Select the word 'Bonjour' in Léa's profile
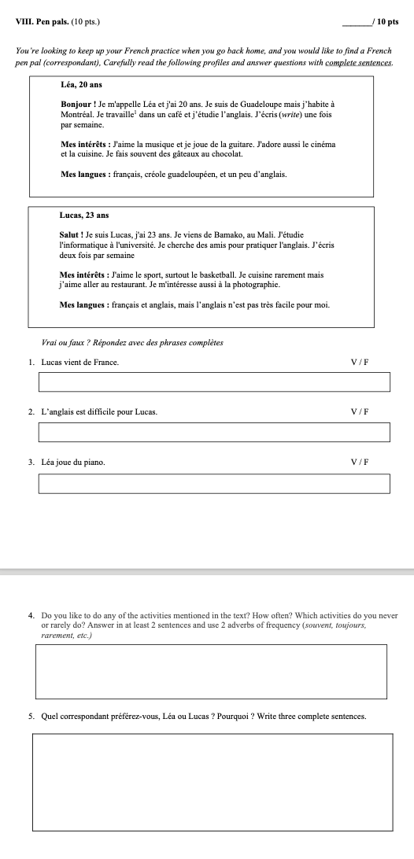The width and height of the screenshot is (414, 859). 77,104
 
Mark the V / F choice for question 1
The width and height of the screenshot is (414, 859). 360,362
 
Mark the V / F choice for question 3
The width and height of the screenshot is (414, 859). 360,463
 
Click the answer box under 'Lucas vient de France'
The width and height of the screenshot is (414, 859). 214,382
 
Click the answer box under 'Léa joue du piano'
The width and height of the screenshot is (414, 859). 214,483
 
